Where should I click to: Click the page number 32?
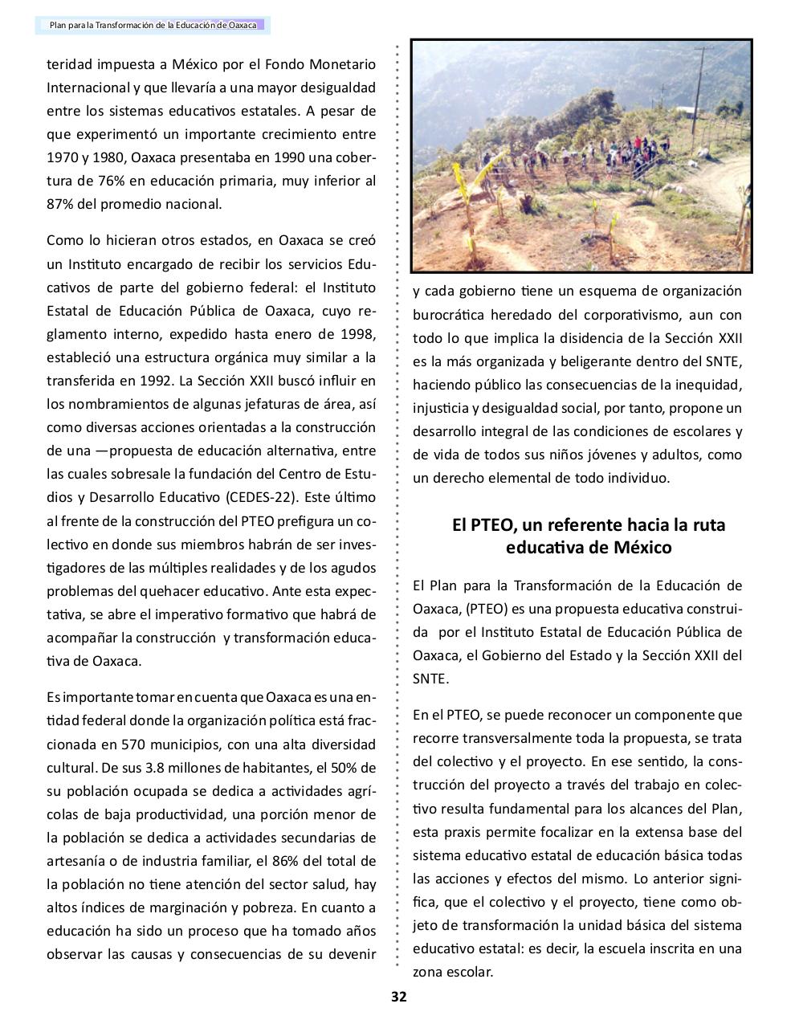[398, 997]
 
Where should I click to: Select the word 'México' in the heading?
[642, 549]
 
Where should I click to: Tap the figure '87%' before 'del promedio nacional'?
[60, 204]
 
